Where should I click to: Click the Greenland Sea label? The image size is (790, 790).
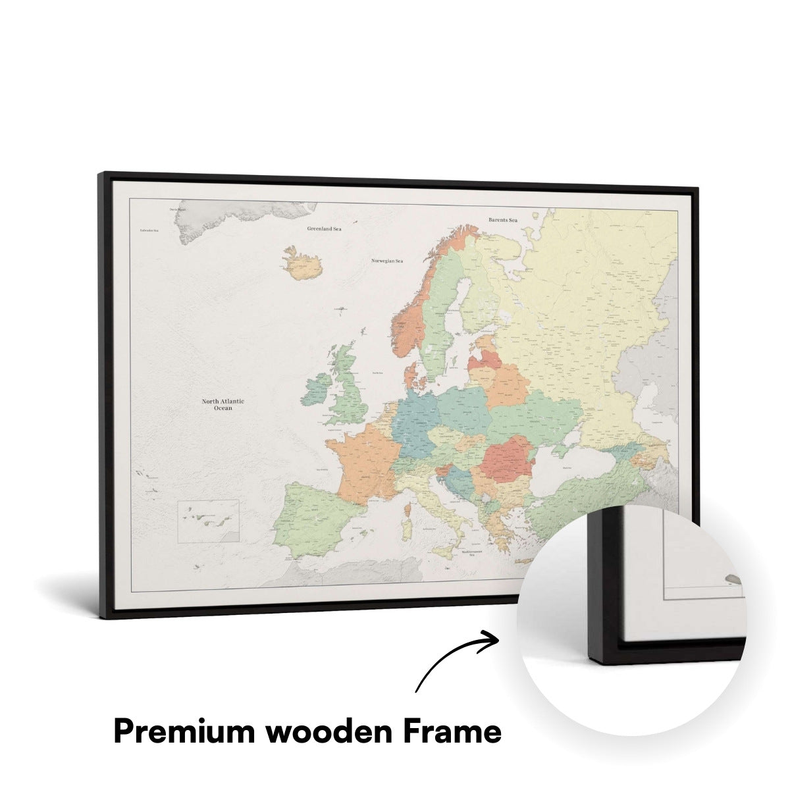[x=325, y=229]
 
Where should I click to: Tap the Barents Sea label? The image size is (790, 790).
[x=503, y=220]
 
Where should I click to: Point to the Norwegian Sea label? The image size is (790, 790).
[x=386, y=261]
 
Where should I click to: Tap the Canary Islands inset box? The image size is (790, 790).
[x=208, y=521]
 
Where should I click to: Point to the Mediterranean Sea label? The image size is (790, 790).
[x=471, y=552]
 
